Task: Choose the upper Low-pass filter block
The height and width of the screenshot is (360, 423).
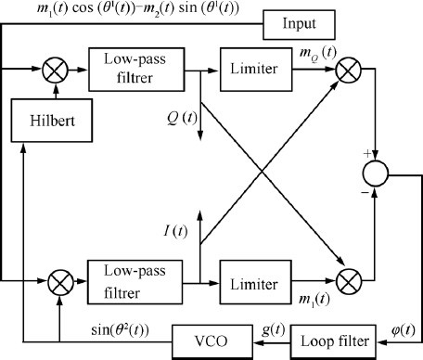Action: click(x=123, y=69)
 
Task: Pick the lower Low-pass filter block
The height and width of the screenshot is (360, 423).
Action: click(x=123, y=278)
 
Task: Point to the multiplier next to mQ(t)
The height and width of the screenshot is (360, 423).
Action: click(x=352, y=69)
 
